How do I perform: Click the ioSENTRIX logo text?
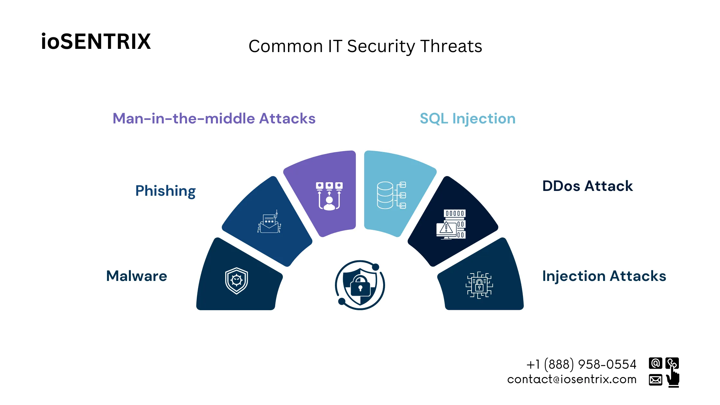tap(96, 41)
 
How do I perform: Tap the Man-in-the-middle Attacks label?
tap(214, 119)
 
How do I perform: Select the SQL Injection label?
tap(467, 119)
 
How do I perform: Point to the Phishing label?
tap(165, 191)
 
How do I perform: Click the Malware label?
tap(137, 276)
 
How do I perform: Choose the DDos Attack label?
tap(587, 186)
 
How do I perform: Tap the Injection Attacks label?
tap(604, 276)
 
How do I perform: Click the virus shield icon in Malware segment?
tap(236, 281)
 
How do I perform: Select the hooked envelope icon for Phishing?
tap(269, 222)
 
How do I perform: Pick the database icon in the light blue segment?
tap(391, 195)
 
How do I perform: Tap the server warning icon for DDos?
tap(451, 224)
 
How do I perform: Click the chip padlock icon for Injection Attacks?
tap(479, 285)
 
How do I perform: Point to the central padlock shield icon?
tap(360, 285)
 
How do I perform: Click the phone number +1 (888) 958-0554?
tap(581, 364)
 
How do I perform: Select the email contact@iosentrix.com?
tap(571, 380)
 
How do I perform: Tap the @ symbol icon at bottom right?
tap(655, 363)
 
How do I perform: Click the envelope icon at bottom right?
tap(655, 380)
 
